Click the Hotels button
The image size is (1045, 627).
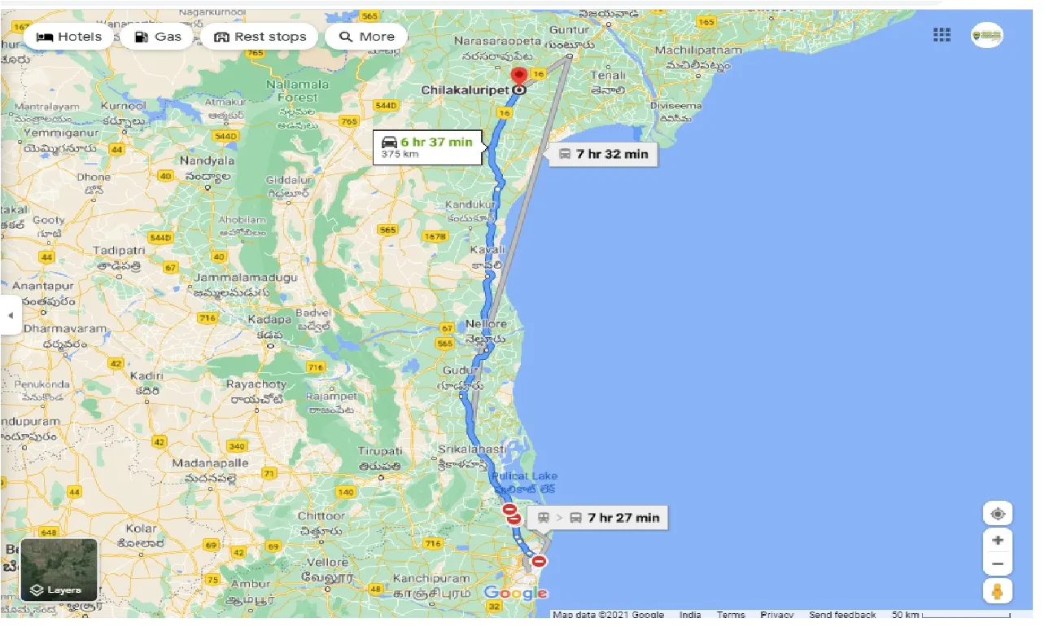pos(69,37)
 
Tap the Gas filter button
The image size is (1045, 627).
pos(158,37)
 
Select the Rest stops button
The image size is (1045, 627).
pos(260,37)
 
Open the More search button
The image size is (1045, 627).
pos(366,37)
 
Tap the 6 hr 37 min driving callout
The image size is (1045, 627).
pos(426,147)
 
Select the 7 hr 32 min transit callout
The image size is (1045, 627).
pos(603,153)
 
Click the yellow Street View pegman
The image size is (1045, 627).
pos(998,591)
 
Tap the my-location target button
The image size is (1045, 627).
pos(998,515)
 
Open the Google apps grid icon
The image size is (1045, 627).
pos(942,34)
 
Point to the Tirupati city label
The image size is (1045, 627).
pos(380,451)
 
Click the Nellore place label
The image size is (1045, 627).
pos(486,324)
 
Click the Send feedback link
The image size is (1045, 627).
pos(842,615)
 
